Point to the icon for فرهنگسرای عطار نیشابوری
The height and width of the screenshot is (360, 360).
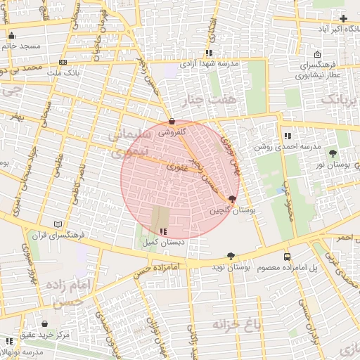(x=318, y=54)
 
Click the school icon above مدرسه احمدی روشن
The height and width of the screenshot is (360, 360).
(x=288, y=136)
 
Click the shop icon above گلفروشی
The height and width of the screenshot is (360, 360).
(x=172, y=121)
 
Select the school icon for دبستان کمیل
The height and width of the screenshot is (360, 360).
(x=164, y=231)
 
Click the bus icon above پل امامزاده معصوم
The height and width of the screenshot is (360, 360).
(x=287, y=257)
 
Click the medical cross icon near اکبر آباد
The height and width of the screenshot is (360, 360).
(x=343, y=18)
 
